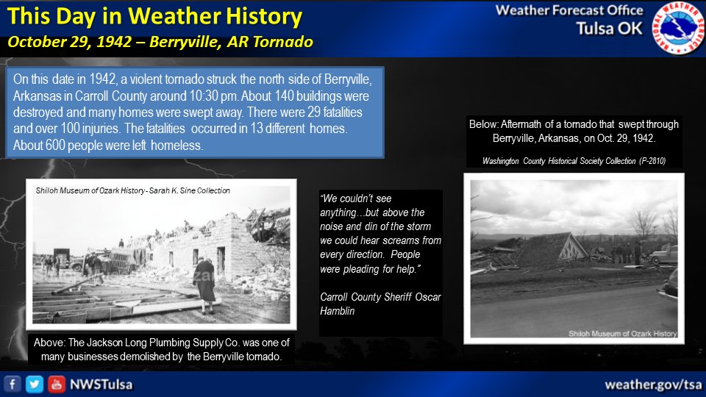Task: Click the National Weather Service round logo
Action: (x=677, y=29)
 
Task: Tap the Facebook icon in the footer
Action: (x=12, y=384)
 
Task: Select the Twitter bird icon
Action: (x=34, y=384)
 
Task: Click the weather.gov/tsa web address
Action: (x=652, y=385)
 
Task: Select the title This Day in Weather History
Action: (x=154, y=15)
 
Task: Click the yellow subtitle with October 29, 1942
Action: (x=160, y=42)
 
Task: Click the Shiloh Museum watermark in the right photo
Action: (x=622, y=333)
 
